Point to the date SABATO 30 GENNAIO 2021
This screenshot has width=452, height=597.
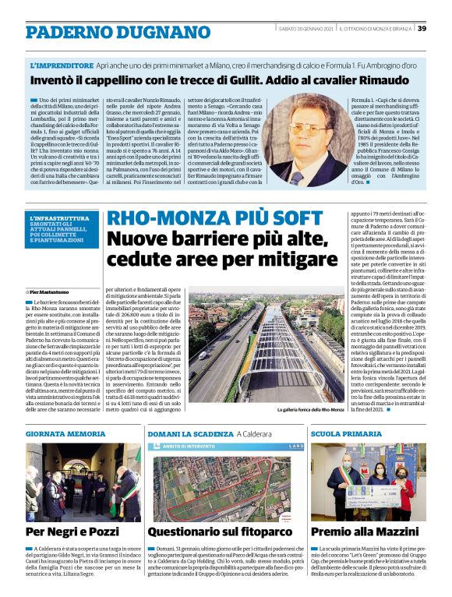click(x=306, y=29)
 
